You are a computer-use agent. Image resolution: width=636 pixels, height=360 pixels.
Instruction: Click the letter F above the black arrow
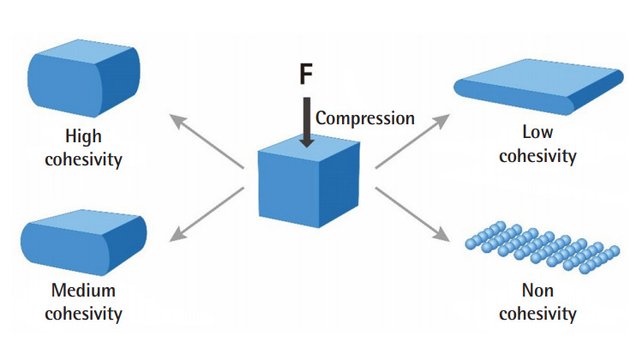306,74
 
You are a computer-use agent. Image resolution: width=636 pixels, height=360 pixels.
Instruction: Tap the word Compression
365,118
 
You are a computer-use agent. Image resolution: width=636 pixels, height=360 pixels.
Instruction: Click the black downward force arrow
307,122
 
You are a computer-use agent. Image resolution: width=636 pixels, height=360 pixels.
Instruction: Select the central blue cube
309,181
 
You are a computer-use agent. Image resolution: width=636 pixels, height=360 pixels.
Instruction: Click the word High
83,135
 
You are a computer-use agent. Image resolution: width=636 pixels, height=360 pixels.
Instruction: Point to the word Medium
83,291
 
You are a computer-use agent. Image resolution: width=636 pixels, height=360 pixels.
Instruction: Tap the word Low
537,132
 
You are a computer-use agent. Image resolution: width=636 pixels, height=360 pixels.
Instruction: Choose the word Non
537,291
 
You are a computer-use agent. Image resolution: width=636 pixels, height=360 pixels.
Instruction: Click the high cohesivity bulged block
83,78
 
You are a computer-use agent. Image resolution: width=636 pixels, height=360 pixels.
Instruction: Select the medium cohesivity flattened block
83,243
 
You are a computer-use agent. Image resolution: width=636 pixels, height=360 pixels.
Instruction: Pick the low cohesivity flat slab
538,87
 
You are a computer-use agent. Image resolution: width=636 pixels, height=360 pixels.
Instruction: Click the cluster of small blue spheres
543,247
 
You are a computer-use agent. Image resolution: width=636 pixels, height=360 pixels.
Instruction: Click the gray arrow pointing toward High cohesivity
207,141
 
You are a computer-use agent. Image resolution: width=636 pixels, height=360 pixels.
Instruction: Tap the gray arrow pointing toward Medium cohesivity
207,214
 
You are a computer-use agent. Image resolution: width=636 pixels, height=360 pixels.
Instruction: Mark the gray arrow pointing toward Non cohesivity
412,214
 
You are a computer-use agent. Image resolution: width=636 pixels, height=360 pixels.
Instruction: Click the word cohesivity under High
83,159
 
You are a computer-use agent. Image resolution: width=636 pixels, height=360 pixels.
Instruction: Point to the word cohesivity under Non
537,314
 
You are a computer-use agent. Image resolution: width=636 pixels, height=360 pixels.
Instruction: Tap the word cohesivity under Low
537,156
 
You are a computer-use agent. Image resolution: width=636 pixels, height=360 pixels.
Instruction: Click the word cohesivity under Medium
83,314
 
